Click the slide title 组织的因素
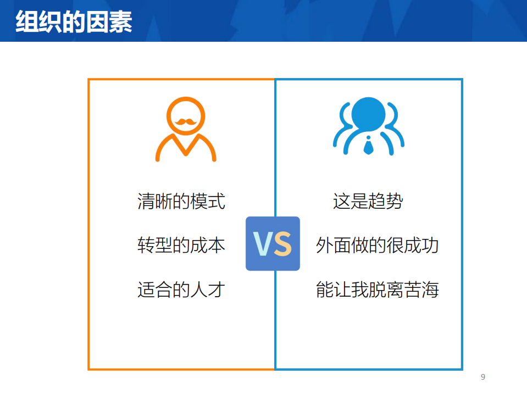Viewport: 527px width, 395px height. tap(74, 22)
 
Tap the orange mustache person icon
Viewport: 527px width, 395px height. tap(186, 129)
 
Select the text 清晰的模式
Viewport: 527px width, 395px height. tap(181, 201)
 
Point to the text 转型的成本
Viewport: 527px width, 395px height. tap(181, 245)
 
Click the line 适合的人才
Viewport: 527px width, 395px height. tap(181, 289)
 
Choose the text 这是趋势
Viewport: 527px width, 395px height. tap(368, 201)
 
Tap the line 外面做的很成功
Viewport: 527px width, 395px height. tap(377, 245)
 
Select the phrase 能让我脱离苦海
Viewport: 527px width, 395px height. tap(377, 289)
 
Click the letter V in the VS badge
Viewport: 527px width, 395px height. tap(263, 244)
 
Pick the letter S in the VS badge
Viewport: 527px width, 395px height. tap(282, 244)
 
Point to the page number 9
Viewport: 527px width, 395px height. tap(483, 377)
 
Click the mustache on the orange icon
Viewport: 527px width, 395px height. tap(186, 121)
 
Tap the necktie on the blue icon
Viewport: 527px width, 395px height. tap(368, 146)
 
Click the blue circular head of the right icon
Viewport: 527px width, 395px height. tap(368, 115)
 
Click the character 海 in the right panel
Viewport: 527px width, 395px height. tap(430, 289)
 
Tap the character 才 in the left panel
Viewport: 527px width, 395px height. tap(217, 289)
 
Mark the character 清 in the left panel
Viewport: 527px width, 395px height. tap(146, 201)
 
